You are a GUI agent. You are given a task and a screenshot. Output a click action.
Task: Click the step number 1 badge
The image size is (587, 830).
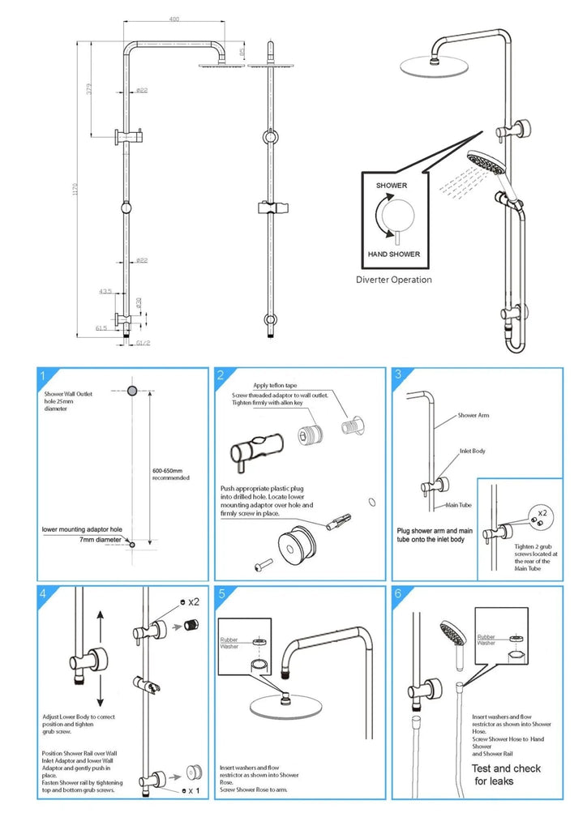pyautogui.click(x=41, y=375)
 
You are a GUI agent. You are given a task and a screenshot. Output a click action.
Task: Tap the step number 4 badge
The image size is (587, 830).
pyautogui.click(x=41, y=594)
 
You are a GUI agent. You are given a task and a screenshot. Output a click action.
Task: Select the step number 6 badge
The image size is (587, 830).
pyautogui.click(x=397, y=593)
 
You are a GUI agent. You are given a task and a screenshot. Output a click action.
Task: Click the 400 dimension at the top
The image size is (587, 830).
pyautogui.click(x=175, y=19)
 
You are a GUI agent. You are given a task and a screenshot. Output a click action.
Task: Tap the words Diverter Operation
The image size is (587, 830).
pyautogui.click(x=394, y=280)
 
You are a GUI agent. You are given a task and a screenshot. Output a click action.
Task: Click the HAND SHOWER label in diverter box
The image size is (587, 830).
pyautogui.click(x=394, y=254)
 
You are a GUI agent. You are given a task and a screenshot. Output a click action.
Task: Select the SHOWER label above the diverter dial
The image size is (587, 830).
pyautogui.click(x=392, y=186)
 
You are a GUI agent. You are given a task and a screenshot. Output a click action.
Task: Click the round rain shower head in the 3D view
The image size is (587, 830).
pyautogui.click(x=430, y=66)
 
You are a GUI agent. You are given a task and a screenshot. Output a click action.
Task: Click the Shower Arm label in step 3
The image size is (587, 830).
pyautogui.click(x=473, y=415)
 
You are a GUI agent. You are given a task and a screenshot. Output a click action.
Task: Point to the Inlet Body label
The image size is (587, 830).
pyautogui.click(x=472, y=451)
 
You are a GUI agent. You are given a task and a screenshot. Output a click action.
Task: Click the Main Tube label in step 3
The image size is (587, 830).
pyautogui.click(x=458, y=505)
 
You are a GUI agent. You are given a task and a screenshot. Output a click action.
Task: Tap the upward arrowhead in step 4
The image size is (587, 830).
pyautogui.click(x=100, y=615)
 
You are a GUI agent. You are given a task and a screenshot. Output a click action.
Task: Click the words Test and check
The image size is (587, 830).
pyautogui.click(x=507, y=768)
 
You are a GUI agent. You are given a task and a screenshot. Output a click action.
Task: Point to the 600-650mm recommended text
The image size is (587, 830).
pyautogui.click(x=170, y=473)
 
